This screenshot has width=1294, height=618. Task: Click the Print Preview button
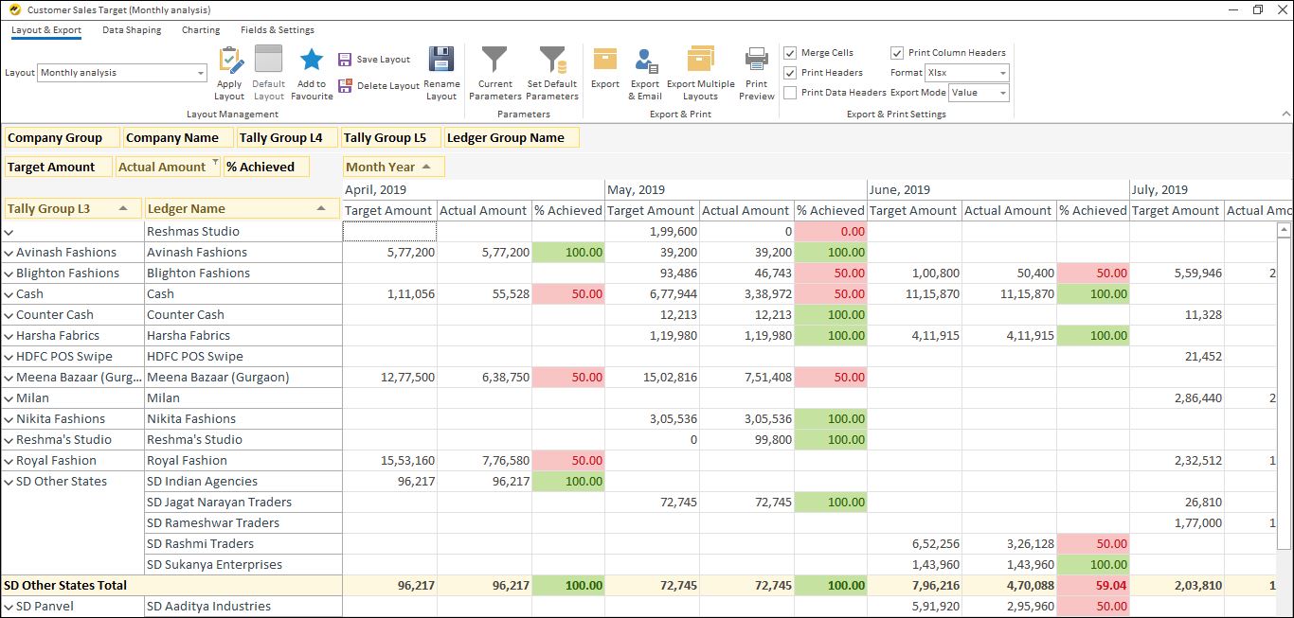[756, 73]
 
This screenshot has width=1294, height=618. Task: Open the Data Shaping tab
[132, 30]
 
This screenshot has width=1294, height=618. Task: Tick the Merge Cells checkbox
[790, 53]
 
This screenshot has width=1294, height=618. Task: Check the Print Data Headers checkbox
[790, 93]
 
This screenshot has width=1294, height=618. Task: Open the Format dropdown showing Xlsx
[967, 73]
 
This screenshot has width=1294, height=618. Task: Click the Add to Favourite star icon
[312, 73]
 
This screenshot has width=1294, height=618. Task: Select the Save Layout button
[374, 60]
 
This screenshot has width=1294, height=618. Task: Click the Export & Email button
[645, 73]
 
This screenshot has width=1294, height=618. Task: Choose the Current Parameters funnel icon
[494, 73]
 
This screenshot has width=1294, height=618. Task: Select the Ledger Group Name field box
[511, 137]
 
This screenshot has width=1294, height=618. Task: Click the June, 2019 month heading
[900, 189]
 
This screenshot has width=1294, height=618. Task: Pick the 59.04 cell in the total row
[1092, 586]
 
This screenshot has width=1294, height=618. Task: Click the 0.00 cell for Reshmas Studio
[831, 231]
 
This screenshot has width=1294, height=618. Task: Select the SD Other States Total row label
[65, 586]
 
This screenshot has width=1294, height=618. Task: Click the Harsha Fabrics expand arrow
[9, 336]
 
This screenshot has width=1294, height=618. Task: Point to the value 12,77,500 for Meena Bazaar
[407, 378]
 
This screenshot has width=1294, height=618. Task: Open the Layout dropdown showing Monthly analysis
[122, 73]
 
